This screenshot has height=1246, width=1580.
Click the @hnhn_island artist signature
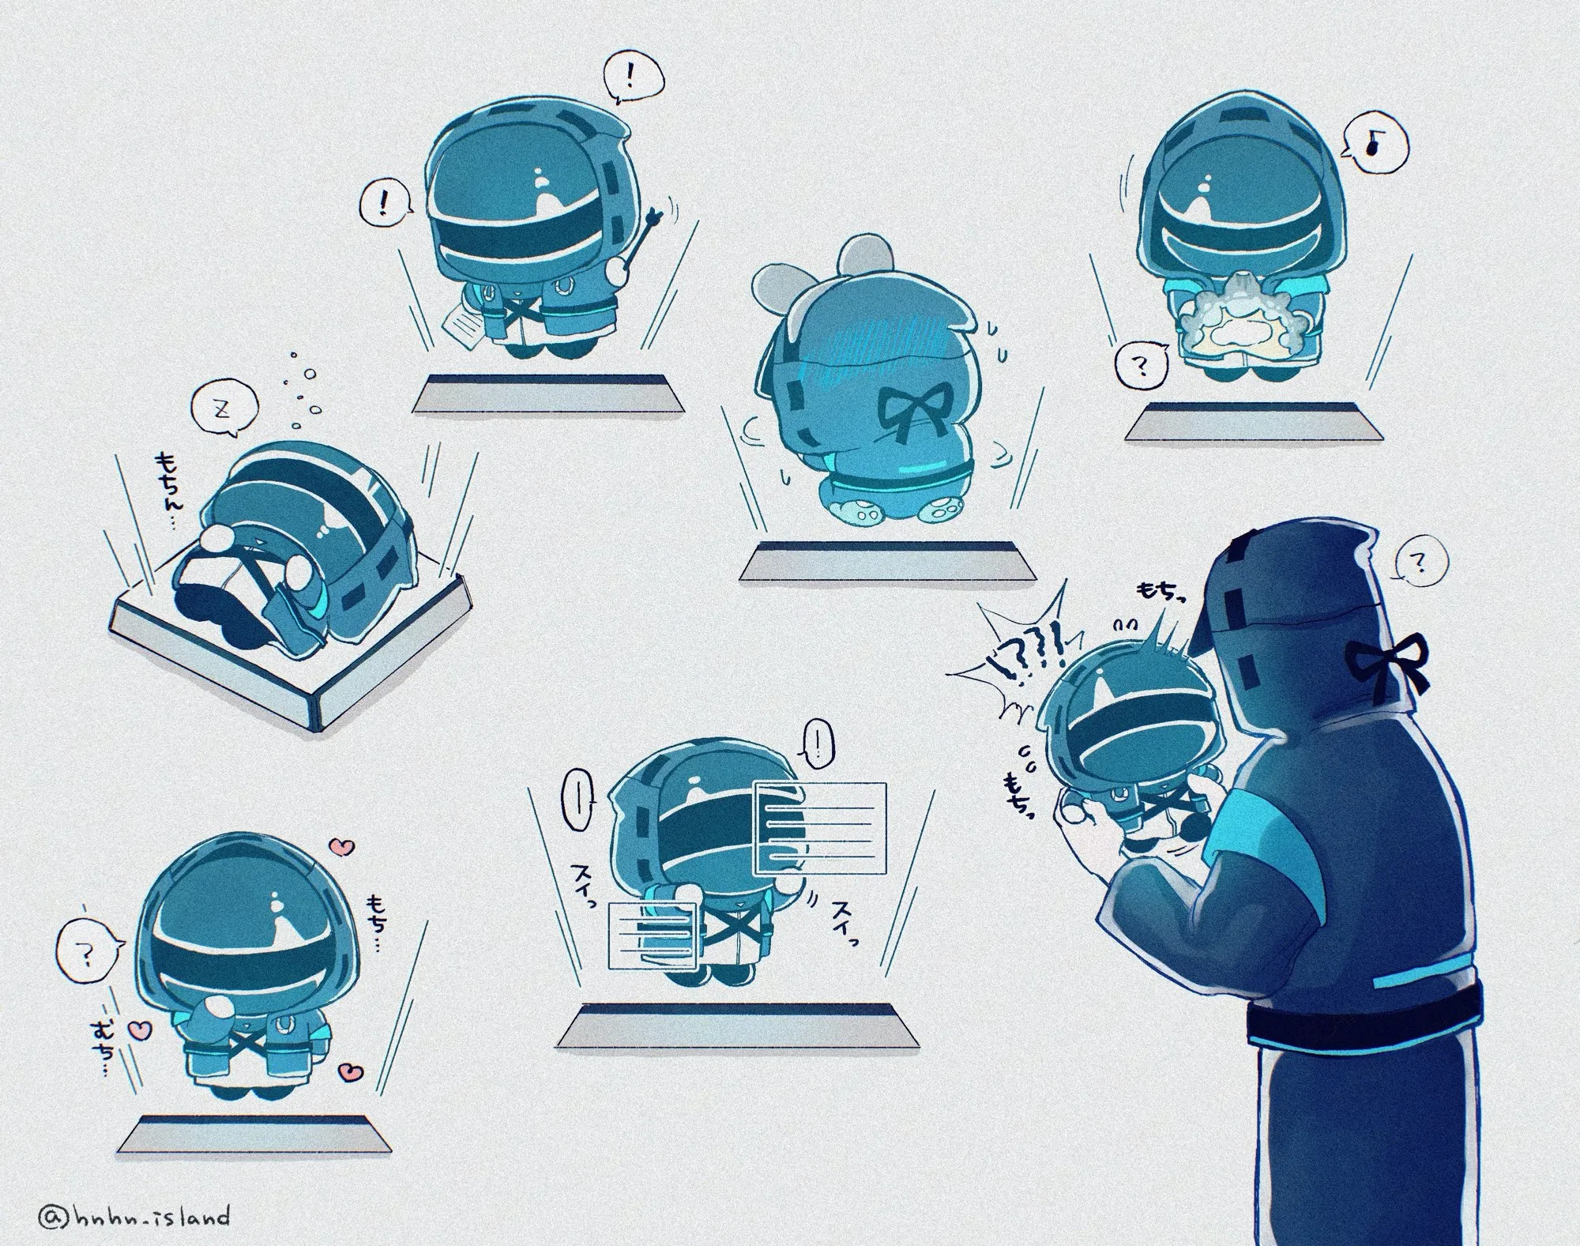(134, 1215)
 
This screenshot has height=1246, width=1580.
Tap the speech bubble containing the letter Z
(224, 411)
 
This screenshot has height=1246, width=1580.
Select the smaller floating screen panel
(652, 936)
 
